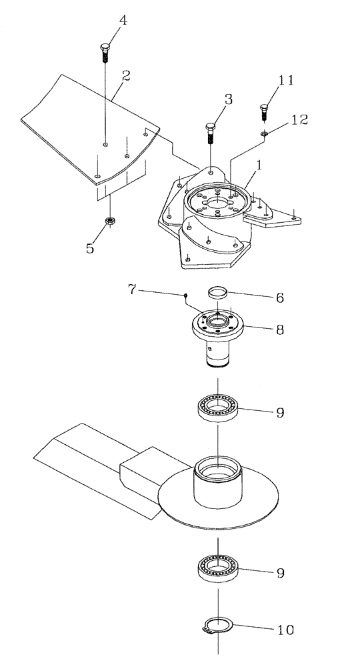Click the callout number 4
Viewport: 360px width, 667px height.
tap(123, 21)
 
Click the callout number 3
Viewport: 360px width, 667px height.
tap(228, 100)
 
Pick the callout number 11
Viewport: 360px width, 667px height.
tap(286, 80)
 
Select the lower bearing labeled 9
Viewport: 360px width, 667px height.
tap(217, 568)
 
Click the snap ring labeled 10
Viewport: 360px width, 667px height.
tap(217, 628)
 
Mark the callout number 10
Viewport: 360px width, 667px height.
tap(285, 629)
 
